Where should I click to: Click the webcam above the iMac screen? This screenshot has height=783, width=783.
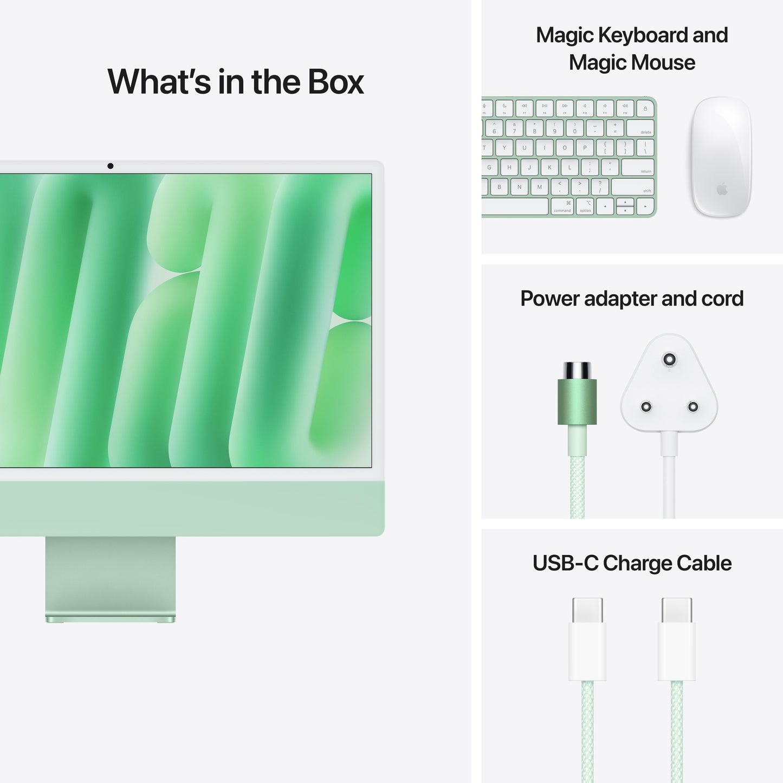pos(111,166)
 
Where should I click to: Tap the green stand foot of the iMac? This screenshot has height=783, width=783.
pos(110,618)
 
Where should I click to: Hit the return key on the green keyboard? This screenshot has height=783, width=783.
pos(637,167)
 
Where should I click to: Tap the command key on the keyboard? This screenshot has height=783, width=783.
pos(562,206)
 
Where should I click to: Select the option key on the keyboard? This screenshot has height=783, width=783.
pos(585,206)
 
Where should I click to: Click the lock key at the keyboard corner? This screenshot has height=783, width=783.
pos(645,108)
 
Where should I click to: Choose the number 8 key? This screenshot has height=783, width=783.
pos(534,128)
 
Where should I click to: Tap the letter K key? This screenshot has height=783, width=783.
pos(549,167)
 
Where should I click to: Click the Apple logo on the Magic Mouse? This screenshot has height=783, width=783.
pos(721,189)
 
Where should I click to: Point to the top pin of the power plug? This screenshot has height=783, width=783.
pos(669,359)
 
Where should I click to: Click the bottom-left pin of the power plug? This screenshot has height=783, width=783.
pos(646,406)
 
